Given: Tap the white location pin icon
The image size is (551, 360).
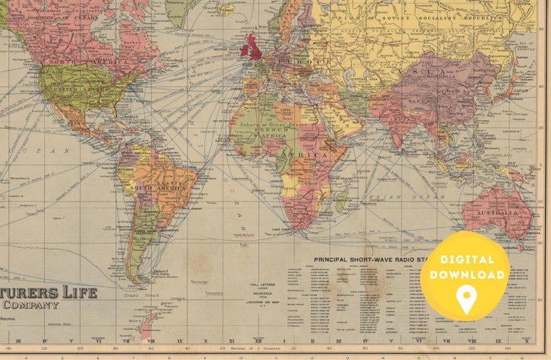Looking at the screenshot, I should (x=466, y=299).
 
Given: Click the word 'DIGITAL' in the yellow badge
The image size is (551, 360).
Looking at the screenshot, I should (x=466, y=260).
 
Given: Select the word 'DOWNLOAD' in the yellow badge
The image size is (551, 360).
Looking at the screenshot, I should (x=466, y=275).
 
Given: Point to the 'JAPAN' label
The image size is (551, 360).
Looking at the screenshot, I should (x=521, y=90).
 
